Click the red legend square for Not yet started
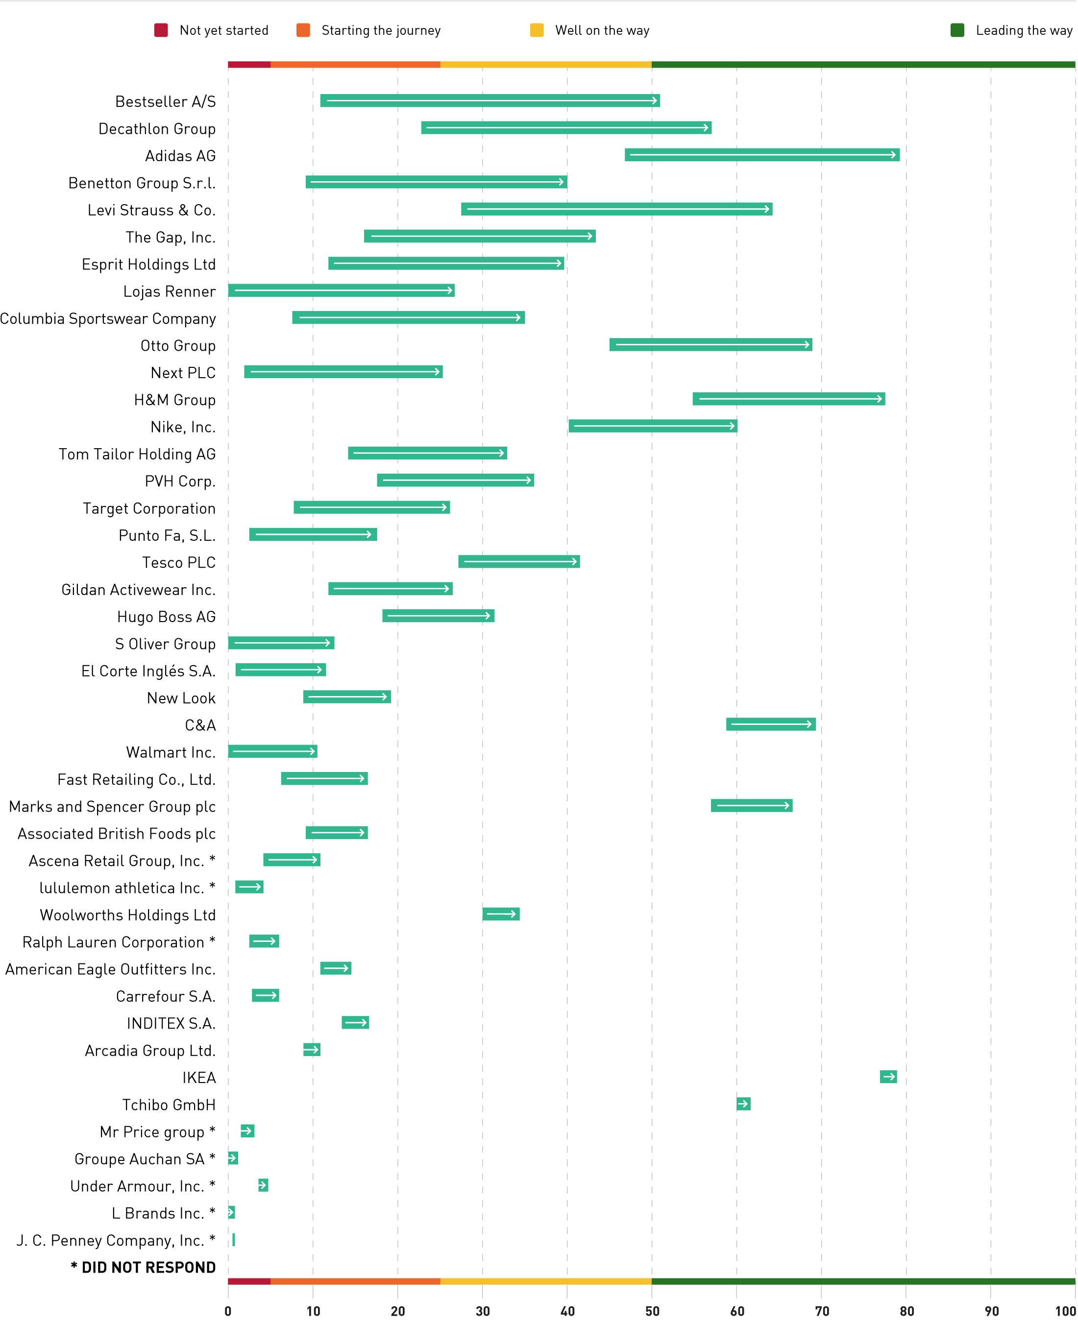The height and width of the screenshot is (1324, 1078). [161, 30]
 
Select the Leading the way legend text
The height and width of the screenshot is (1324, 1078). [1023, 30]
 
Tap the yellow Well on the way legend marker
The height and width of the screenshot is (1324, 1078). [537, 30]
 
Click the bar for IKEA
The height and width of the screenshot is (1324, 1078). [888, 1076]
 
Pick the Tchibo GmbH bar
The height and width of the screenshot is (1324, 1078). [743, 1104]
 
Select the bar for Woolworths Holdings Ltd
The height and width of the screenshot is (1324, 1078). [500, 914]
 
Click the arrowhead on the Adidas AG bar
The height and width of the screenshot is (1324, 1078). [895, 155]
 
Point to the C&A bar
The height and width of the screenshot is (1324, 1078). [771, 724]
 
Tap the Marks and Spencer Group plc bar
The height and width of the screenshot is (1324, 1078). [751, 805]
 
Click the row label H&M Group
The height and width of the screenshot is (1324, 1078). [174, 400]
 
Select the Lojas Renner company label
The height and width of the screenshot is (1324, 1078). [169, 291]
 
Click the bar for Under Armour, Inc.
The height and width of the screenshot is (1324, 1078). [263, 1185]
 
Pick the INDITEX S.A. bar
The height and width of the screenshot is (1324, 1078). [355, 1022]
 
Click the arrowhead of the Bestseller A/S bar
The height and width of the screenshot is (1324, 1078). [655, 100]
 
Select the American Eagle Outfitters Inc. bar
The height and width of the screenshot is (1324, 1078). [335, 968]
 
